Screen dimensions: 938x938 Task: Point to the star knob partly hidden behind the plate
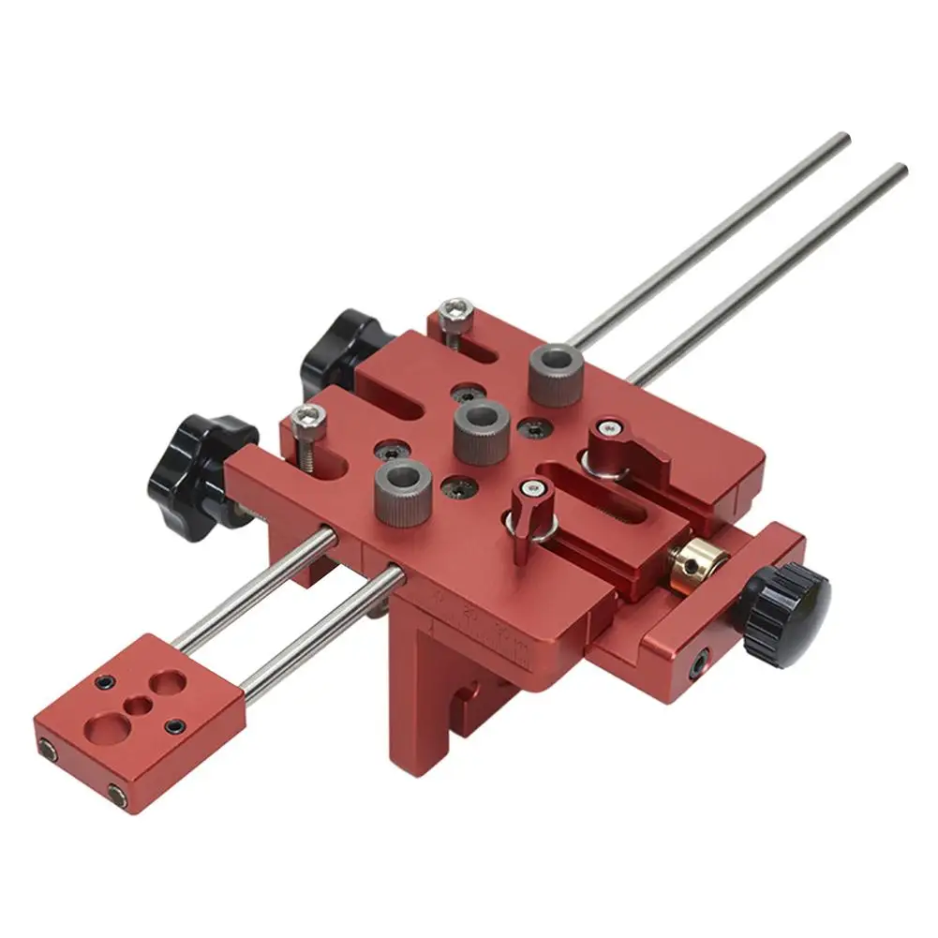(x=339, y=352)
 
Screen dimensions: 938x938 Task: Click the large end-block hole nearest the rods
(x=169, y=681)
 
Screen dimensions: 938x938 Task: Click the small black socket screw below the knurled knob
(x=699, y=668)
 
